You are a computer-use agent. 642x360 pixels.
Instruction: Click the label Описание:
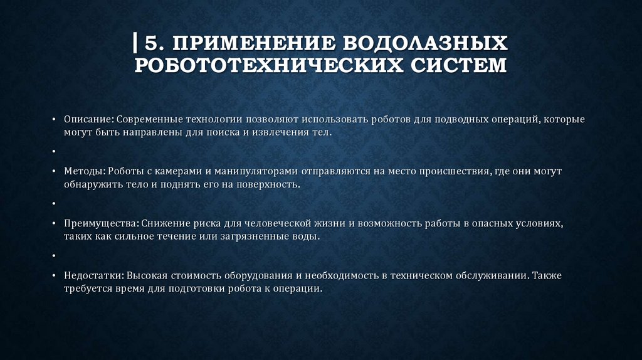coord(88,119)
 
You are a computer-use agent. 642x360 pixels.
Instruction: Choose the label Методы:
coord(84,171)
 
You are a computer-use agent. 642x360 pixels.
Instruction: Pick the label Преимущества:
coord(101,223)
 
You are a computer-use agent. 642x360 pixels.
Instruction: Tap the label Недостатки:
coord(93,275)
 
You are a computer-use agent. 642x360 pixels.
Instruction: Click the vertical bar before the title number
coord(136,44)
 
